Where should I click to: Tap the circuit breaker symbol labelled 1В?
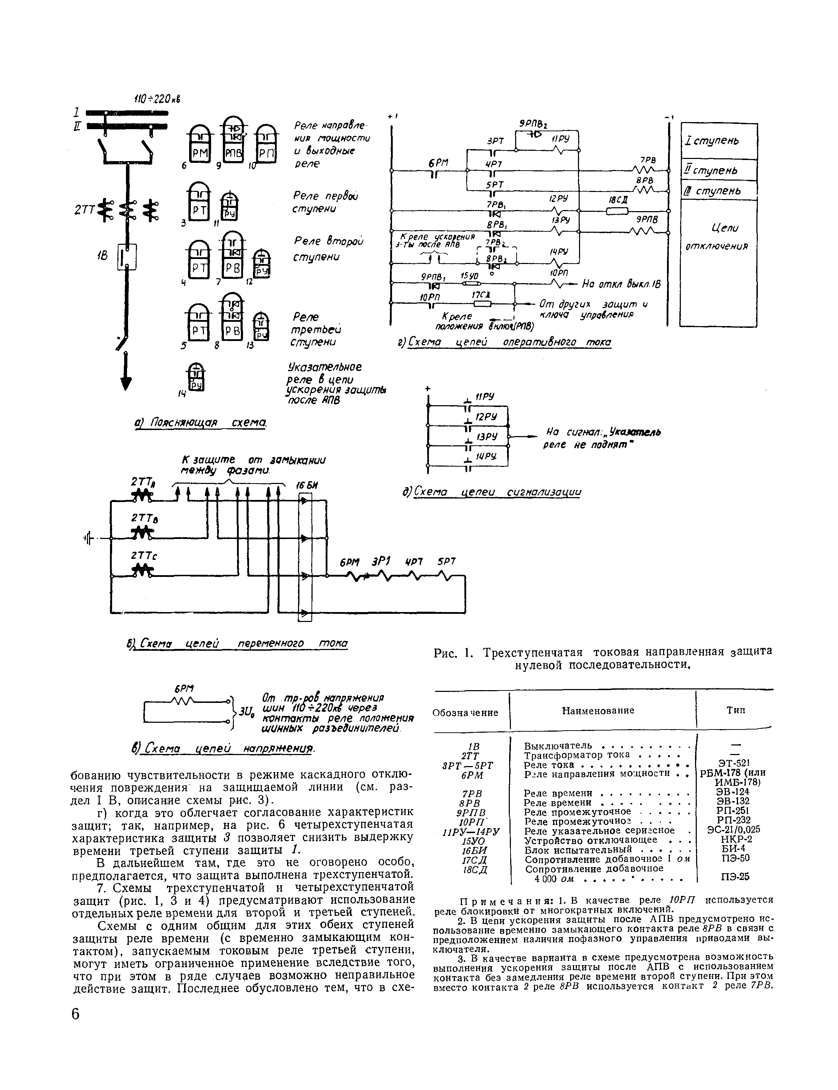click(127, 257)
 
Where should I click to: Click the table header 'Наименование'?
click(598, 710)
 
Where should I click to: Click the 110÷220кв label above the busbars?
click(156, 99)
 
